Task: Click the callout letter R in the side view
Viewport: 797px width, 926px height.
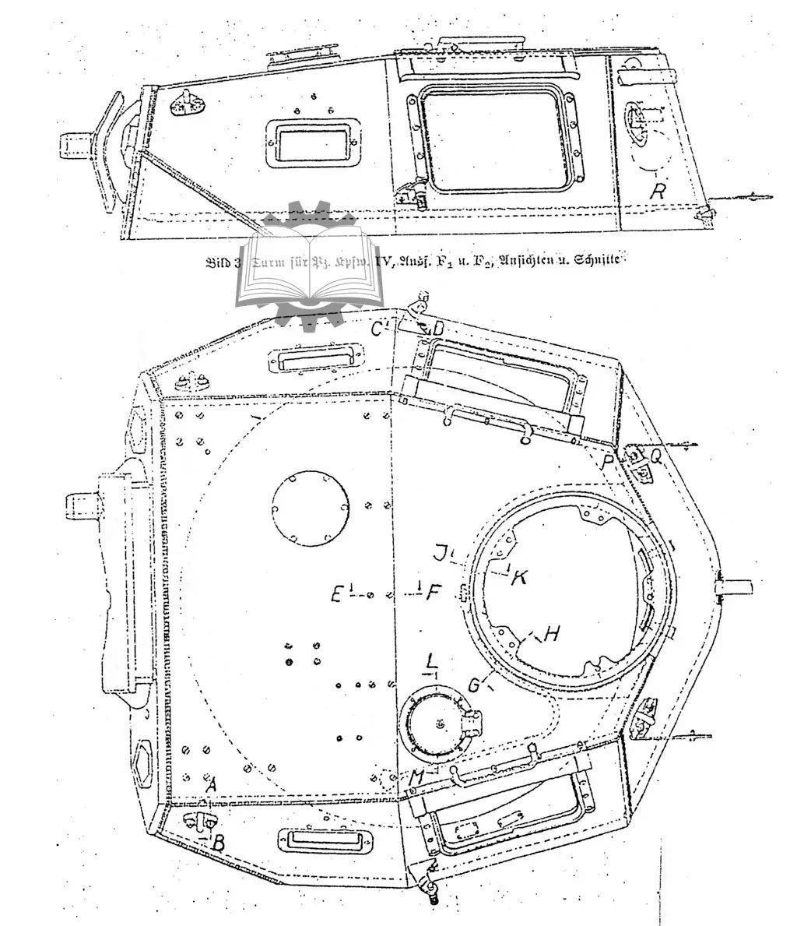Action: click(658, 191)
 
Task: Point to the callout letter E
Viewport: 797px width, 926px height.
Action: click(337, 594)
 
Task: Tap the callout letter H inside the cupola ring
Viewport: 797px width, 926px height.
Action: click(551, 634)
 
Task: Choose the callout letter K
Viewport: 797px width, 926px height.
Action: click(520, 577)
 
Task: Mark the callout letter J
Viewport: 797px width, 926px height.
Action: click(441, 554)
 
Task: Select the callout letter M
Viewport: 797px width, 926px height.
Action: click(418, 776)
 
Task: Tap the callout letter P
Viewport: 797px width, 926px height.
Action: click(609, 462)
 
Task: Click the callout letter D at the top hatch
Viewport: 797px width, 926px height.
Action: click(437, 329)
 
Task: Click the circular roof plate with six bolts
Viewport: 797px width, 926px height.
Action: click(310, 505)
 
